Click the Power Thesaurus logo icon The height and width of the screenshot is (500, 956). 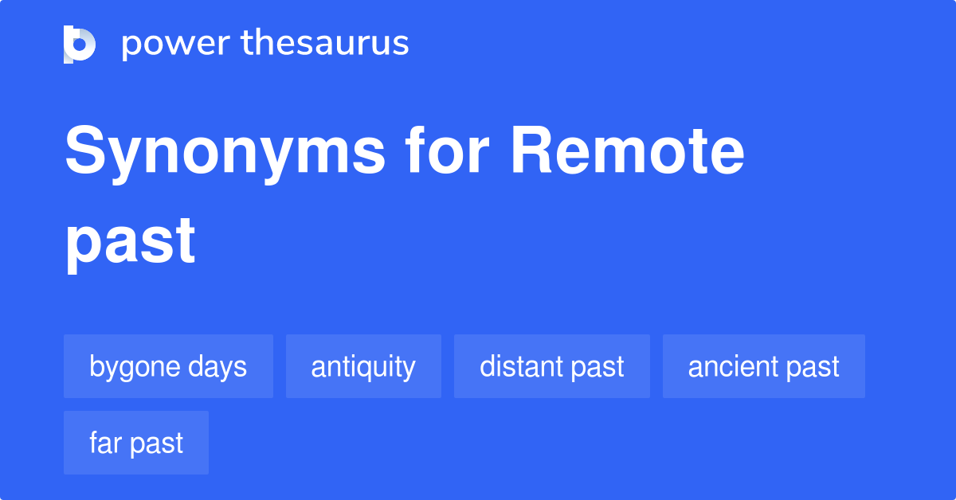click(x=80, y=44)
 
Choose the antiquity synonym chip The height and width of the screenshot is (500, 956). click(x=363, y=367)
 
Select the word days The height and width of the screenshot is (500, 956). click(x=217, y=367)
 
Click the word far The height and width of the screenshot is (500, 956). click(x=102, y=443)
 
